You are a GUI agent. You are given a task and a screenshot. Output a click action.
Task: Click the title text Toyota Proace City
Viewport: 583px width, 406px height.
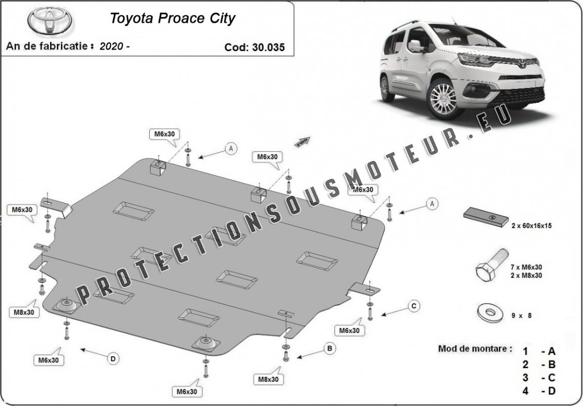[x=173, y=19]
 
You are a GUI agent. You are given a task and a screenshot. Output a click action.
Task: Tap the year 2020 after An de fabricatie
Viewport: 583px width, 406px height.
[x=111, y=46]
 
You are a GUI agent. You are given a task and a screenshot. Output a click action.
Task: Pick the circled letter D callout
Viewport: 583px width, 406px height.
[x=113, y=358]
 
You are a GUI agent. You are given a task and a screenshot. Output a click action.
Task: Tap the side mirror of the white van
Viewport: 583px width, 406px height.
[x=417, y=46]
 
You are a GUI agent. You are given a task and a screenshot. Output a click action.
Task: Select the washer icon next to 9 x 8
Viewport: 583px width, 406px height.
[x=489, y=313]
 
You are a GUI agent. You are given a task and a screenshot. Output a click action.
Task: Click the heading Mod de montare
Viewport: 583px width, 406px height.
[x=475, y=349]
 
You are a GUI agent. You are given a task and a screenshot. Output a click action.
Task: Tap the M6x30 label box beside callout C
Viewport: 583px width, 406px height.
[x=349, y=330]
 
